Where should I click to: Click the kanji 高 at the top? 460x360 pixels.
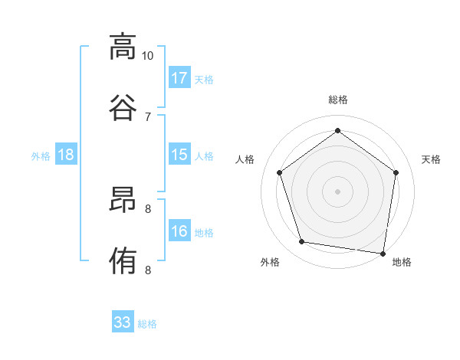[x=123, y=47]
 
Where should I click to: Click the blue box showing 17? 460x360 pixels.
[x=179, y=77]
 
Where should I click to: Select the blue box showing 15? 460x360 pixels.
[x=179, y=155]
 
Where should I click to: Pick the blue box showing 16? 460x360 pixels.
[x=179, y=231]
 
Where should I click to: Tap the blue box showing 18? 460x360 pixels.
[x=66, y=155]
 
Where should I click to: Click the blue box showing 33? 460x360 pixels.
[x=123, y=322]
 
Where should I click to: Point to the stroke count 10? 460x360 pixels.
[x=148, y=56]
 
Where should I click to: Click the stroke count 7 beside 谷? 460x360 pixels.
[x=148, y=116]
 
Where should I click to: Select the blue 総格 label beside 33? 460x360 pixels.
[x=148, y=324]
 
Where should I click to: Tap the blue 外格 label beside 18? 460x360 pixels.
[x=41, y=156]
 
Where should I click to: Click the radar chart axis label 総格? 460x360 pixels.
[x=338, y=100]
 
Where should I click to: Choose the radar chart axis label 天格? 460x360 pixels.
[x=431, y=159]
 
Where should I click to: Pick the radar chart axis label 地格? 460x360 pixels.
[x=402, y=262]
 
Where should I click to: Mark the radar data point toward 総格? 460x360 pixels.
[x=338, y=131]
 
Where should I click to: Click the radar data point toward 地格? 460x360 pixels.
[x=383, y=252]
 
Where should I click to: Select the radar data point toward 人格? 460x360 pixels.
[x=280, y=172]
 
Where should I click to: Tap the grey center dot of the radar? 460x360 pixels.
[x=338, y=191]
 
